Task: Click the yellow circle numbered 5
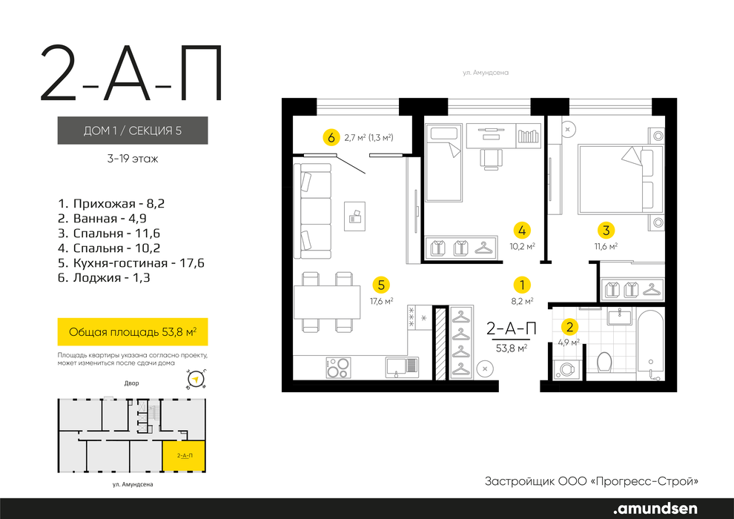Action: coord(381,285)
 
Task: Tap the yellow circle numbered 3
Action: coord(606,231)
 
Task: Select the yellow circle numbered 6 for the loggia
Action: coord(331,138)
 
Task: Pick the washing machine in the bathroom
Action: coord(566,369)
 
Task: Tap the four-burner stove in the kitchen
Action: coord(338,367)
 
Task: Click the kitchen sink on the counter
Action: coord(402,367)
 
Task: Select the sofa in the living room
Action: coord(312,211)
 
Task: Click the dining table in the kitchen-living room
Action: coord(327,303)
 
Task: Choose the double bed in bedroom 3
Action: coord(621,179)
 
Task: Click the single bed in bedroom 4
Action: coord(443,163)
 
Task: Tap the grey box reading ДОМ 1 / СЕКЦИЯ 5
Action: coord(133,130)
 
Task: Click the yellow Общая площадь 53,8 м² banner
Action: coord(133,332)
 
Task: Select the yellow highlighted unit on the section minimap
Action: coord(184,456)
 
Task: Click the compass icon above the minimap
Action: coord(196,379)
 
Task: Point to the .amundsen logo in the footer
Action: coord(655,508)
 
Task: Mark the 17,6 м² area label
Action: coord(382,301)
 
